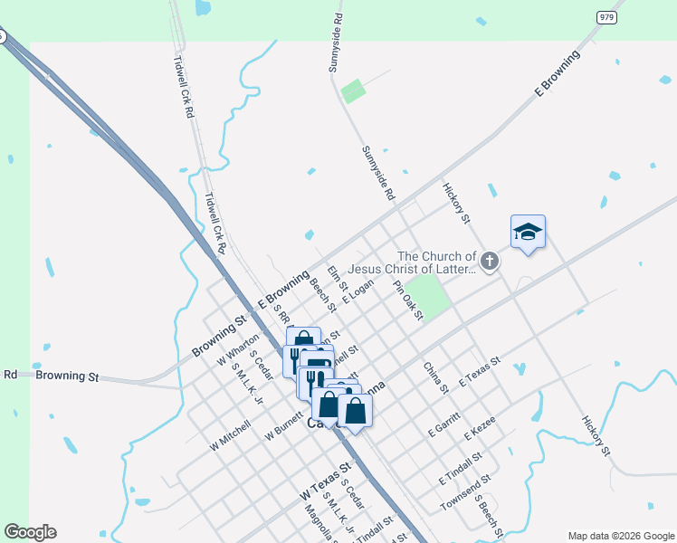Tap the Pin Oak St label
(407, 300)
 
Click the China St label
(435, 377)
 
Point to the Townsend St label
(465, 492)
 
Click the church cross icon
(490, 262)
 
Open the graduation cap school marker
(528, 233)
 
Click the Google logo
(30, 532)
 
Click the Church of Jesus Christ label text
(436, 262)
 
